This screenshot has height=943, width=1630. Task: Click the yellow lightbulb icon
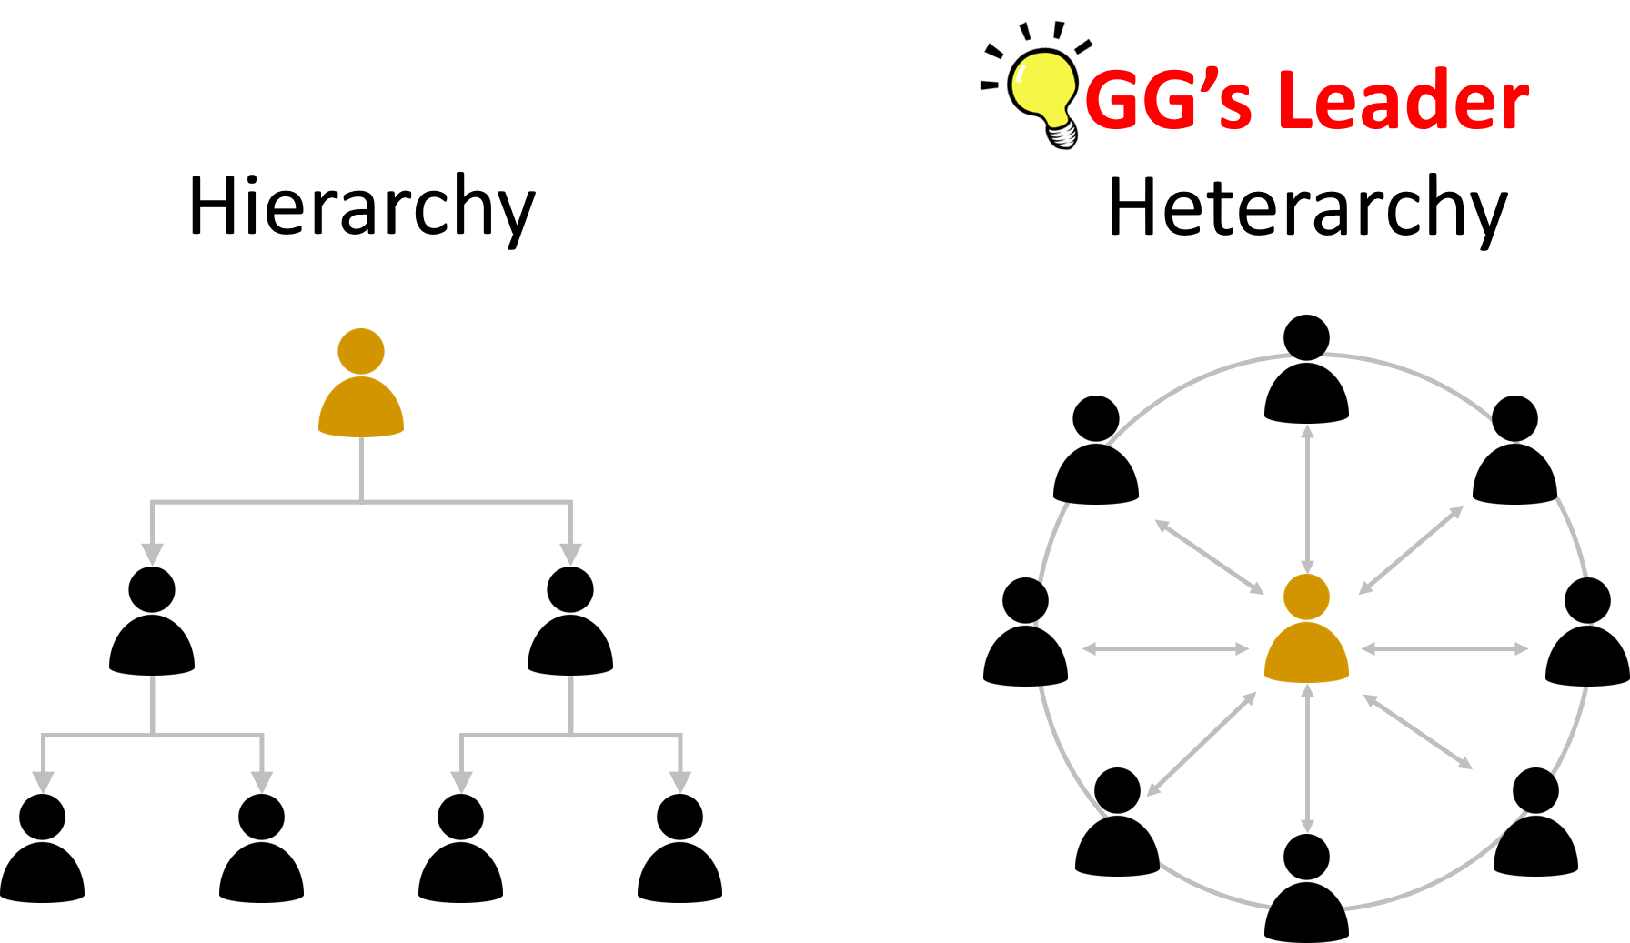1042,89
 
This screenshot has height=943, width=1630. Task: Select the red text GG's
1168,100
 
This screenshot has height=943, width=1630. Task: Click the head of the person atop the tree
361,351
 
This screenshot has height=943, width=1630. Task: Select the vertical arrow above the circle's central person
1307,498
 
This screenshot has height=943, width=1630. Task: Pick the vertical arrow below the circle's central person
1307,758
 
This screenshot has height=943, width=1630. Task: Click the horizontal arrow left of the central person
1165,648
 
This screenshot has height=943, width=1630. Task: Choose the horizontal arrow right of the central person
1444,648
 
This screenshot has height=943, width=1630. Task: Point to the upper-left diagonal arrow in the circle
1209,557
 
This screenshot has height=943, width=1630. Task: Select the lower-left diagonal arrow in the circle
1202,744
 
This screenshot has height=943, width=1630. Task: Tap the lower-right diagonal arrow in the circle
1417,732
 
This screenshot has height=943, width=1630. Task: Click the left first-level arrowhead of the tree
152,554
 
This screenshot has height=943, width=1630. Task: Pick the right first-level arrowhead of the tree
570,554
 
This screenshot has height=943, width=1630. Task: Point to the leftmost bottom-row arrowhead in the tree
43,782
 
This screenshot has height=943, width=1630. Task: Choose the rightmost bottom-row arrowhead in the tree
680,782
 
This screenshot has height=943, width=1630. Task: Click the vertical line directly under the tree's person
361,468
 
